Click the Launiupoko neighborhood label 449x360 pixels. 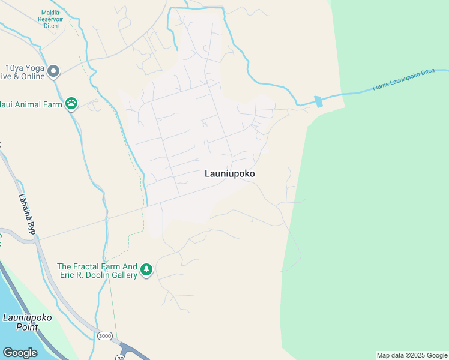click(x=230, y=173)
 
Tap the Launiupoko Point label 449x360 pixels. click(x=27, y=322)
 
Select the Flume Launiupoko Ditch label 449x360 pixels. click(x=403, y=80)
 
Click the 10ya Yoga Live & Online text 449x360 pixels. click(x=23, y=73)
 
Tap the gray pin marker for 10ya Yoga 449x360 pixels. click(x=53, y=71)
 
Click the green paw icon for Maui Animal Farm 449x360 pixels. click(x=72, y=104)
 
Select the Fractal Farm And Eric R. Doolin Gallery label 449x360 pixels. click(x=97, y=271)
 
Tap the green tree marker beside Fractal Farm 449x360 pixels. click(x=146, y=270)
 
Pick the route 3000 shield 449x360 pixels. click(x=105, y=336)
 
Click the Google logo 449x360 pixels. click(x=20, y=353)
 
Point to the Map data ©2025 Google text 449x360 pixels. click(x=412, y=355)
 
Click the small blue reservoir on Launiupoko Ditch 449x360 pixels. click(x=318, y=101)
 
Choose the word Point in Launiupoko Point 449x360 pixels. click(x=27, y=328)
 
